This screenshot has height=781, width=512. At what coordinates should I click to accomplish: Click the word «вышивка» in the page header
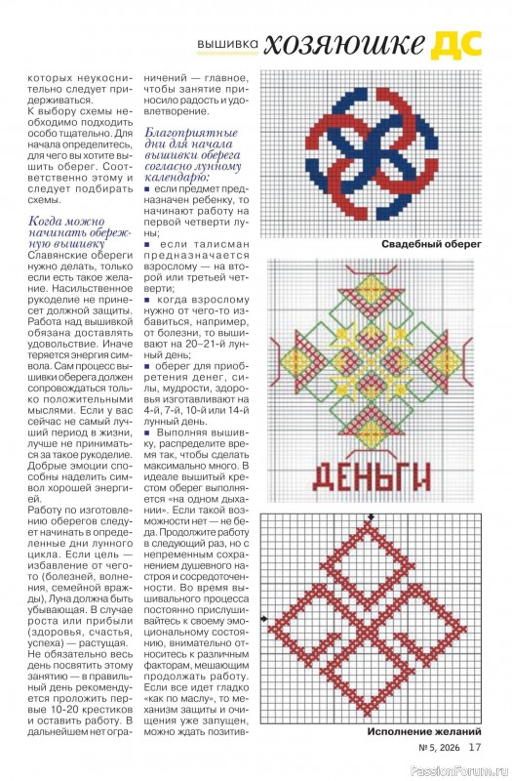click(x=228, y=45)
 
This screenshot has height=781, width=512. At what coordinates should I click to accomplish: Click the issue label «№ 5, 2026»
click(x=439, y=749)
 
